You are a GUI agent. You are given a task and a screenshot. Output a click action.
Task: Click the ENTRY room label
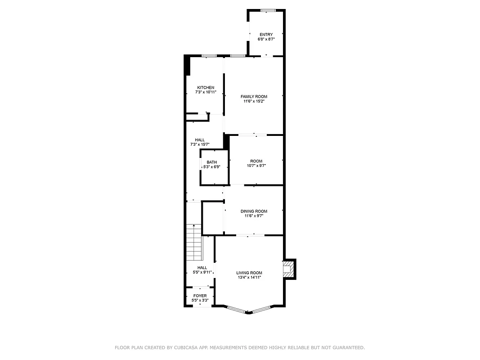coord(266,35)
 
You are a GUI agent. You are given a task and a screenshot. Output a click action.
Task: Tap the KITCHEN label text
coord(206,87)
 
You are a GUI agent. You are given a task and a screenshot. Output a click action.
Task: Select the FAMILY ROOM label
coord(254,96)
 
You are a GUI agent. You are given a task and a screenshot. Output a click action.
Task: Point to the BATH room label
coord(211,162)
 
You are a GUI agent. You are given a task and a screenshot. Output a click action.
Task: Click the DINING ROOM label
coord(254,211)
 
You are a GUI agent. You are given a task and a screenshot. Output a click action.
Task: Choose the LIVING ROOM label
coord(249,273)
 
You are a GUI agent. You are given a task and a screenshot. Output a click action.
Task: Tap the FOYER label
coord(200,296)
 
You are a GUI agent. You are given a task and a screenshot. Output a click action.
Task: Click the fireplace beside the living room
coord(287,269)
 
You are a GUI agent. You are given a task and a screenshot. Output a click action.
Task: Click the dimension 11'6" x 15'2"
coord(254,101)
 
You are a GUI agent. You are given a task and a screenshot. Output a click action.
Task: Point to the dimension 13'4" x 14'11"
coord(249,278)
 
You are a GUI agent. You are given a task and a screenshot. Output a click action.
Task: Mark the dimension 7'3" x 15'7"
coord(200,144)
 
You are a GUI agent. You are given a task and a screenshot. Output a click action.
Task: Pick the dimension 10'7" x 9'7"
coord(256,166)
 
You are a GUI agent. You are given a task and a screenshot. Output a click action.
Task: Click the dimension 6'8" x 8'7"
coord(266,40)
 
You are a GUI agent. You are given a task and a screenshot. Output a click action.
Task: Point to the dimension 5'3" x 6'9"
coord(211,167)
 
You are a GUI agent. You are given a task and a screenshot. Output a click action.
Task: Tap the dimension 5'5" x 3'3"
coord(200,300)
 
